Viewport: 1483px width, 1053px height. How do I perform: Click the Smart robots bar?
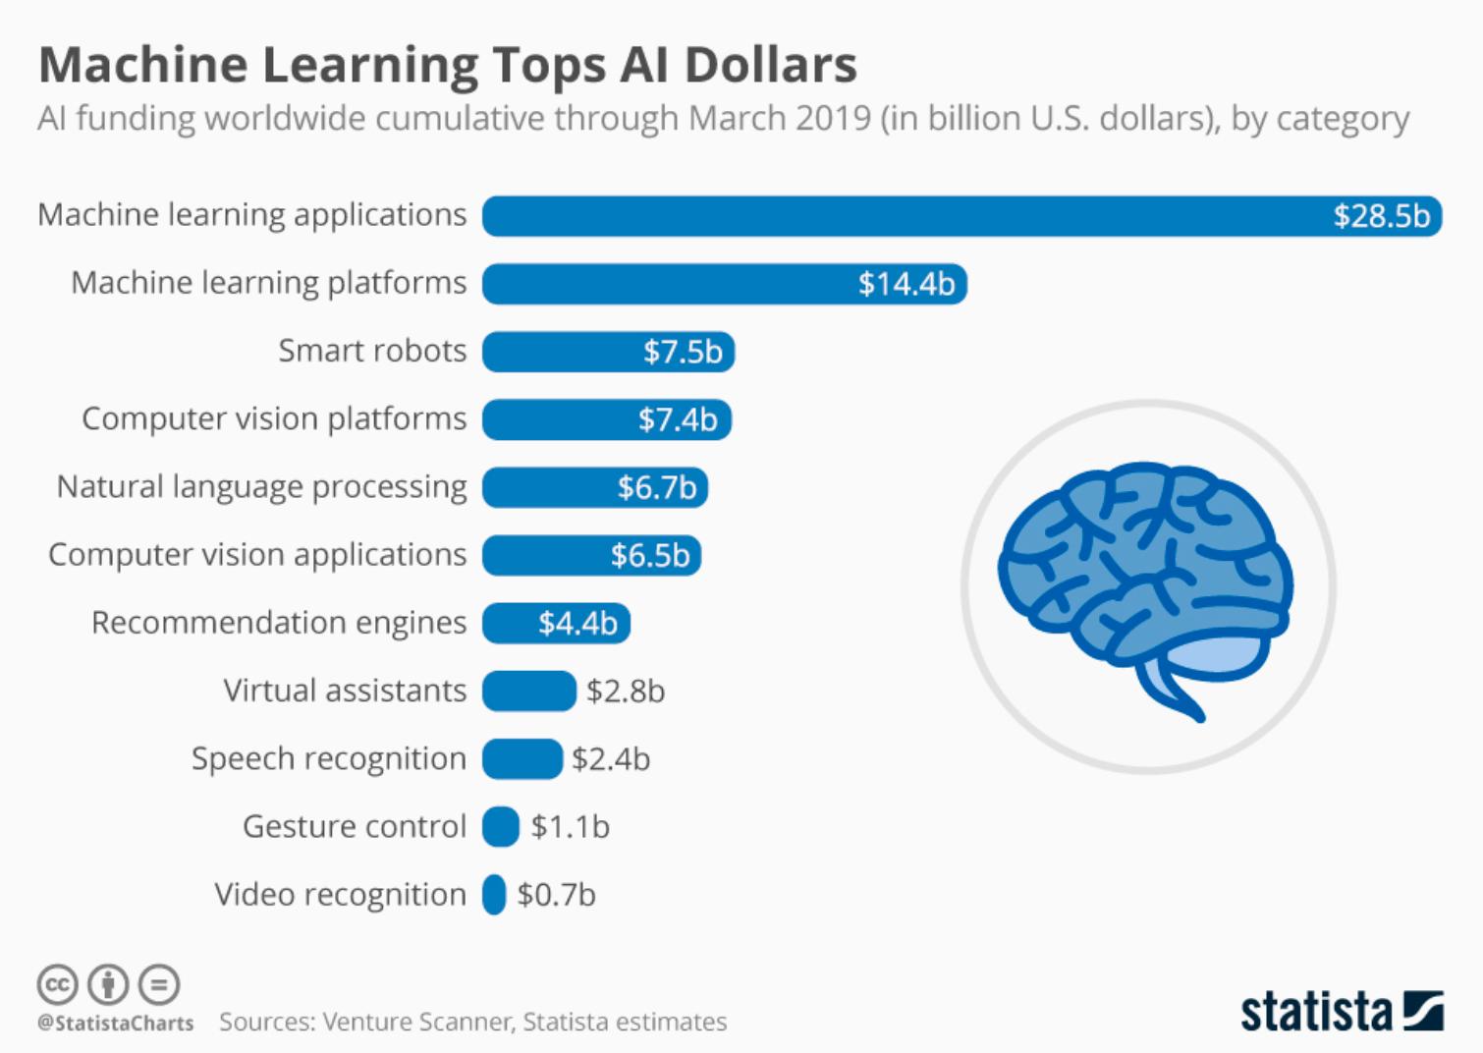coord(609,352)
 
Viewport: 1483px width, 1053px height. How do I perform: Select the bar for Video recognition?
coord(494,895)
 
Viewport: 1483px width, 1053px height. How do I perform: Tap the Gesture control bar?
coord(501,826)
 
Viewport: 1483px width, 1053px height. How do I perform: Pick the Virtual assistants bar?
coord(529,691)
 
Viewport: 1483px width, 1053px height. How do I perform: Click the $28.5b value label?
coord(1382,216)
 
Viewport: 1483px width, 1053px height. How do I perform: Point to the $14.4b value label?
coord(906,284)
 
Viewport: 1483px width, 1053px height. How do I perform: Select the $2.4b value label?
coord(611,759)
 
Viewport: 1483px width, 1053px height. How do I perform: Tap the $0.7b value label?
coord(556,895)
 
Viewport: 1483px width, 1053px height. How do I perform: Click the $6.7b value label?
coord(657,487)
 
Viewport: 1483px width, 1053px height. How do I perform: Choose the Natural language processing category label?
coord(261,487)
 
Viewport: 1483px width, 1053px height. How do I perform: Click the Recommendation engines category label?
coord(279,623)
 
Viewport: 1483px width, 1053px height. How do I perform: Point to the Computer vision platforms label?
coord(274,419)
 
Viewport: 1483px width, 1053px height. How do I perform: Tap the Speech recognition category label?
coord(329,759)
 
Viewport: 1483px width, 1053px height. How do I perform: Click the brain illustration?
coord(1145,589)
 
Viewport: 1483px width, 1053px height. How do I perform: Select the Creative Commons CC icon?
coord(58,984)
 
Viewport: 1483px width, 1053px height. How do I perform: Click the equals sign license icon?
coord(159,984)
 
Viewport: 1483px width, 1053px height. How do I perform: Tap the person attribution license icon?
coord(108,984)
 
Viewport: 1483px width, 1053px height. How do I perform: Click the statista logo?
coord(1342,1012)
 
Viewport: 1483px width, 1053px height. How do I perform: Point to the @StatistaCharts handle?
coord(115,1024)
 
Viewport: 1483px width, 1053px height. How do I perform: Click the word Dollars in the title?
coord(771,65)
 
